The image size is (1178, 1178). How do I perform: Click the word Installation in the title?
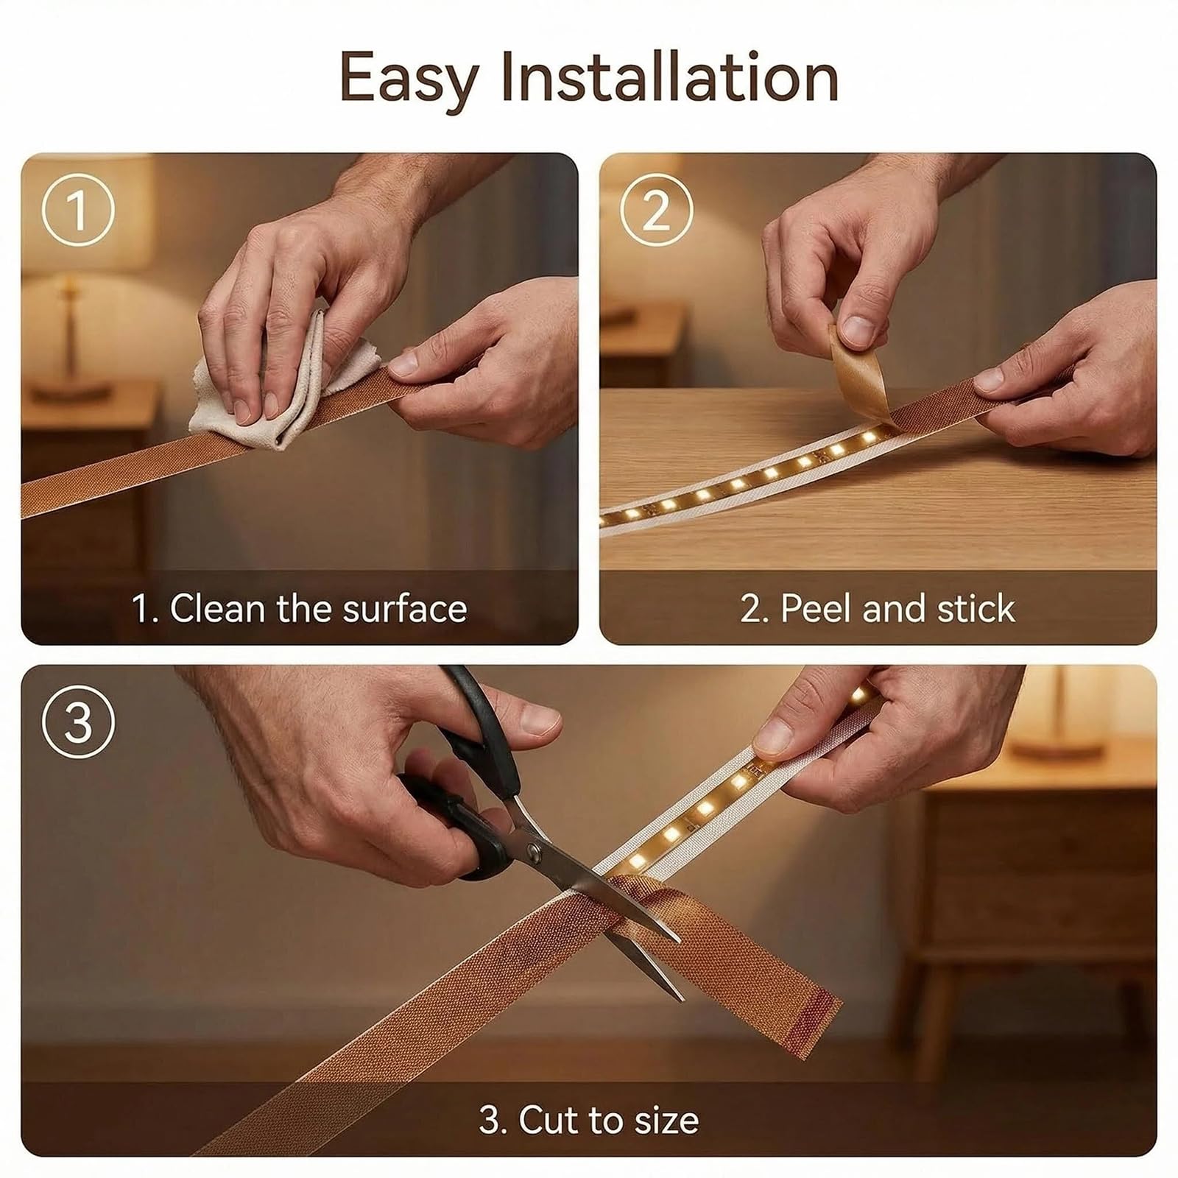pos(670,77)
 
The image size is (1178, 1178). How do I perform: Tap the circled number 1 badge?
pos(78,210)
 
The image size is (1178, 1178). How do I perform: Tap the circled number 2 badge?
pos(656,210)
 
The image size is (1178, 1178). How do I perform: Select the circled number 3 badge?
pos(78,722)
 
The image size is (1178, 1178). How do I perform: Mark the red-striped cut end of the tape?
pos(810,1005)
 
